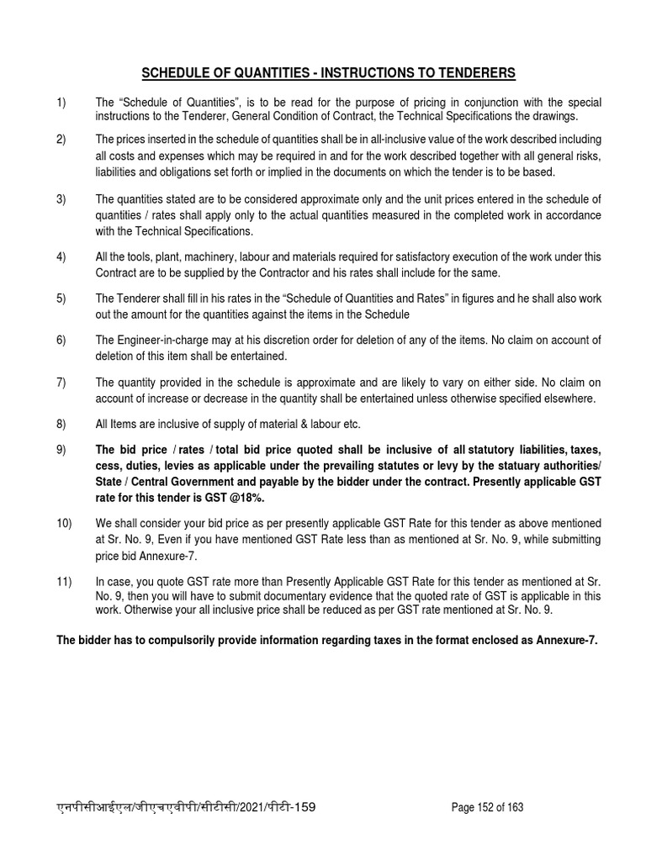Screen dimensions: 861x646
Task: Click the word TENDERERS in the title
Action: click(482, 72)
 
